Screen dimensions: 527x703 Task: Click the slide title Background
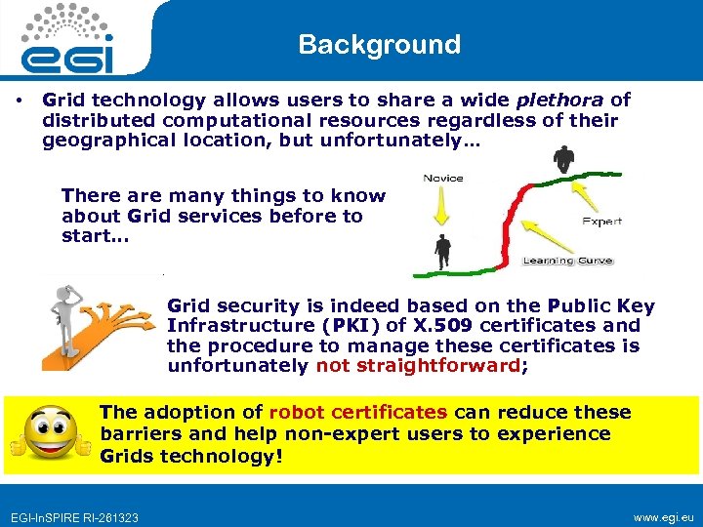coord(379,45)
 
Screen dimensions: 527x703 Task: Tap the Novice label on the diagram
coord(443,178)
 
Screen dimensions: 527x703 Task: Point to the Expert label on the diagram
coord(601,222)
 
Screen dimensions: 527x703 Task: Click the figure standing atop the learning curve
coord(563,160)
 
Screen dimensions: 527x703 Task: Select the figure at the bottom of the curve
coord(443,251)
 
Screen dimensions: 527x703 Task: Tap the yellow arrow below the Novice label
coord(442,207)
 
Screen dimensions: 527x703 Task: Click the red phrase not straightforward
coord(419,366)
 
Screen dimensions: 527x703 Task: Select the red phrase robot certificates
coord(357,412)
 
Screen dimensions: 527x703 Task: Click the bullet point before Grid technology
coord(19,100)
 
